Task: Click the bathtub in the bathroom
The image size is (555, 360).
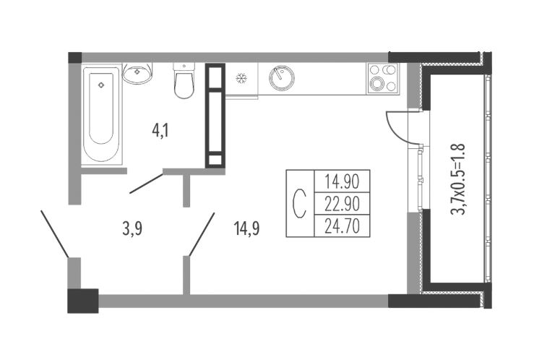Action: click(102, 114)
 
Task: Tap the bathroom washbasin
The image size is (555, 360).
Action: click(137, 74)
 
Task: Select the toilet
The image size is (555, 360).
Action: click(184, 81)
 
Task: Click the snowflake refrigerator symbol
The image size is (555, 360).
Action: click(241, 78)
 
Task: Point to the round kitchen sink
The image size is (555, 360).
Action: click(282, 78)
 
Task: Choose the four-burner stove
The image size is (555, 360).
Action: click(382, 79)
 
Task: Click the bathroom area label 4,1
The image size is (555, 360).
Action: click(160, 131)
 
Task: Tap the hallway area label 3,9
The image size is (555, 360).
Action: click(132, 229)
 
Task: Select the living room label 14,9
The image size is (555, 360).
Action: click(246, 228)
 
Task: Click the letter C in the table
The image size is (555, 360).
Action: click(300, 204)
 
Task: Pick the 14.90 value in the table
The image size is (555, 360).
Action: click(342, 181)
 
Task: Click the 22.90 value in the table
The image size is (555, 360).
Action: click(342, 204)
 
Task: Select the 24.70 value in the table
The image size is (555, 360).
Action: click(342, 226)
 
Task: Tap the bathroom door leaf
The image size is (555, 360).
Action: click(147, 184)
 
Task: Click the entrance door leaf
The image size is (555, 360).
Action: click(55, 233)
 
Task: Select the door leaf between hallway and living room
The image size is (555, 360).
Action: click(202, 234)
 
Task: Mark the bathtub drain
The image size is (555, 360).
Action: click(101, 85)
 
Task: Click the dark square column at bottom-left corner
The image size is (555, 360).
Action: click(83, 301)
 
